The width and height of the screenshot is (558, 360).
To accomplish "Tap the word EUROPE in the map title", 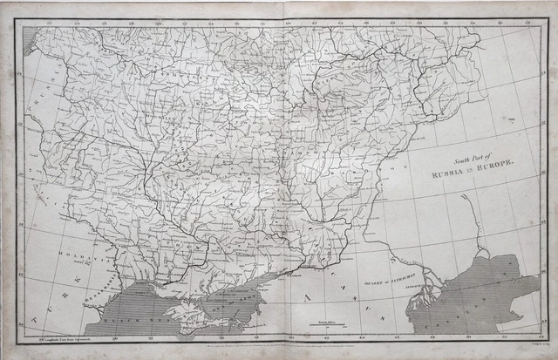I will pyautogui.click(x=496, y=166).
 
